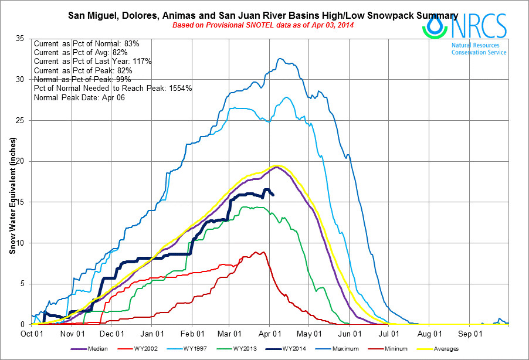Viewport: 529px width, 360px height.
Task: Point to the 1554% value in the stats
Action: click(180, 88)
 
